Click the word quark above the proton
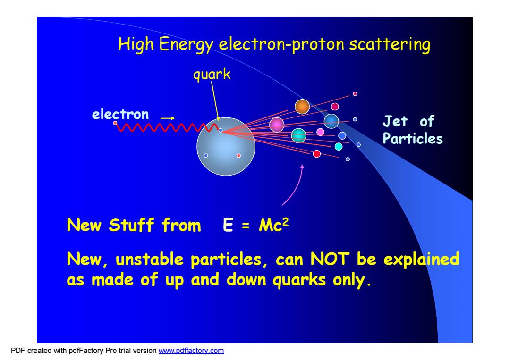pyautogui.click(x=212, y=75)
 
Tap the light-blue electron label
pyautogui.click(x=120, y=114)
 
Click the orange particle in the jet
pyautogui.click(x=302, y=107)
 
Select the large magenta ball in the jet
pyautogui.click(x=277, y=125)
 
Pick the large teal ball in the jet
pyautogui.click(x=298, y=135)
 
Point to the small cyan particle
pyautogui.click(x=339, y=147)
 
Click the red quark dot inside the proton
pyautogui.click(x=238, y=156)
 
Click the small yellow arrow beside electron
pyautogui.click(x=168, y=118)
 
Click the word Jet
pyautogui.click(x=395, y=121)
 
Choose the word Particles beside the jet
pyautogui.click(x=412, y=139)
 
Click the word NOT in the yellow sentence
pyautogui.click(x=330, y=260)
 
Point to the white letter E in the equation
pyautogui.click(x=228, y=225)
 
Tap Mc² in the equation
pyautogui.click(x=273, y=225)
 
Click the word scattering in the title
pyautogui.click(x=390, y=44)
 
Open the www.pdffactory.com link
pyautogui.click(x=191, y=351)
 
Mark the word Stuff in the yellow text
pyautogui.click(x=131, y=225)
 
